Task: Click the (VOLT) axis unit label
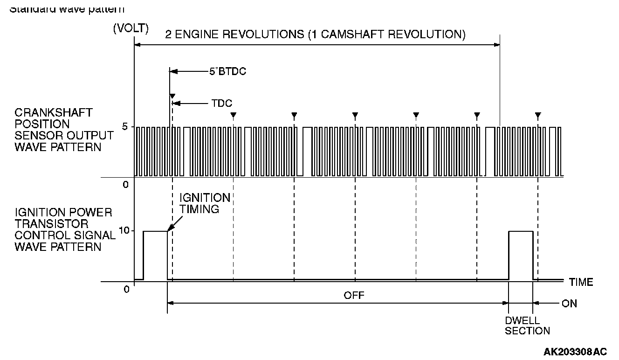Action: (x=131, y=28)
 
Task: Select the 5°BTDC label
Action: (x=227, y=72)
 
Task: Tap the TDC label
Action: (x=221, y=104)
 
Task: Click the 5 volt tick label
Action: (x=125, y=127)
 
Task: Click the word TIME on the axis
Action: (x=581, y=282)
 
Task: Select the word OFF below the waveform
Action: (x=354, y=295)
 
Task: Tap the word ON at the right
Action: (x=569, y=304)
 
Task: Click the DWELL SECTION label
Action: (x=527, y=326)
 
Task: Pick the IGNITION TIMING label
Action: (x=205, y=203)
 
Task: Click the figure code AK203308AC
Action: (x=575, y=351)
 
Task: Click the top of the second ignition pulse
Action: (x=521, y=231)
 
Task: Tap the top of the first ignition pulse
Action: (x=155, y=231)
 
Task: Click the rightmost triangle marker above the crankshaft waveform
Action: (x=538, y=115)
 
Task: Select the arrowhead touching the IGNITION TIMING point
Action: (x=170, y=228)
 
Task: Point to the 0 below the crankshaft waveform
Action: (x=125, y=185)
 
